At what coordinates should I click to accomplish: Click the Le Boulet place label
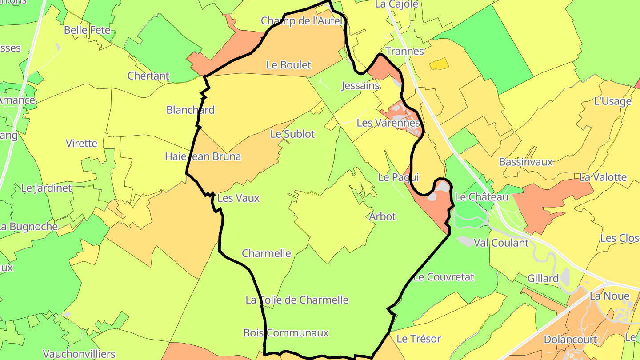288,65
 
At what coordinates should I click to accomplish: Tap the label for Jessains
360,86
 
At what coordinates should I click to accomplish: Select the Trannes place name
404,51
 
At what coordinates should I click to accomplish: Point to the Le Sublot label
292,134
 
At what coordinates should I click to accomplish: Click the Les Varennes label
388,123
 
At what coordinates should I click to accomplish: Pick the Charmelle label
266,253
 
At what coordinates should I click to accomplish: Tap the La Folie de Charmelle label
297,300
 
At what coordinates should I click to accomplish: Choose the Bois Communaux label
286,332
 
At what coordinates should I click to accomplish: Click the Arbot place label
382,216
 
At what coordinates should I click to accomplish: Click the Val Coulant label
501,243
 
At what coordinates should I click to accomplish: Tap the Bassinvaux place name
526,162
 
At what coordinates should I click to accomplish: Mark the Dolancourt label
571,340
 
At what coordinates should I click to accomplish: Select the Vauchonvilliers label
79,354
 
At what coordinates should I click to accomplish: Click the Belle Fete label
87,30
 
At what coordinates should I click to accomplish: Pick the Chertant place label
148,76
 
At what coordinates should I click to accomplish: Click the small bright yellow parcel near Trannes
439,64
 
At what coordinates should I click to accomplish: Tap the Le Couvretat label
444,277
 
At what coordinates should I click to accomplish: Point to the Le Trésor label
418,339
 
